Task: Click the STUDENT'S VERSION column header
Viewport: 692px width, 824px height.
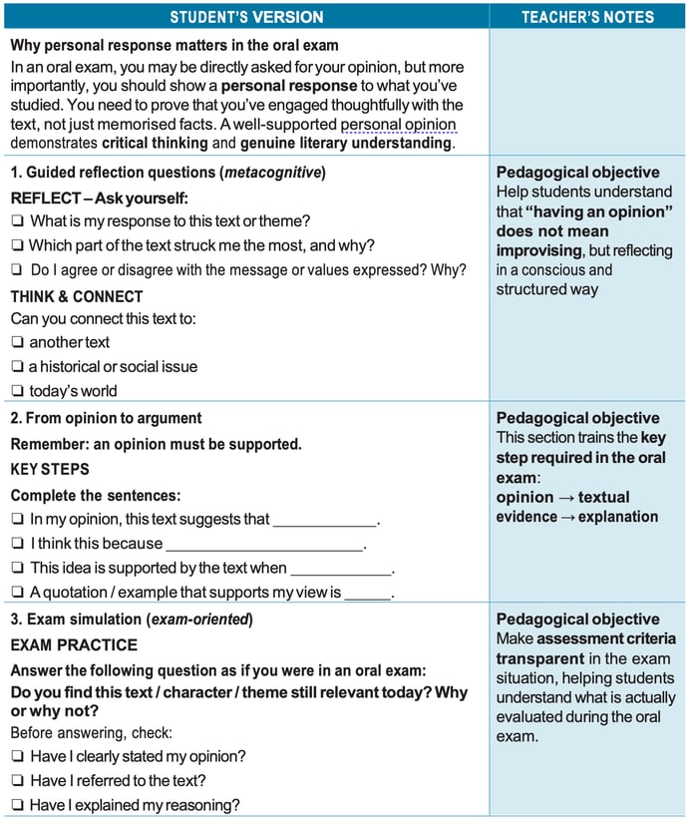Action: [245, 17]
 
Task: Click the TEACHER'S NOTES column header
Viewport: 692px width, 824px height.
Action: [587, 17]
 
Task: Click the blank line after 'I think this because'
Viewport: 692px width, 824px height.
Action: [264, 545]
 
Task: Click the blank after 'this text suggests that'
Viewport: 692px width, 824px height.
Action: [326, 520]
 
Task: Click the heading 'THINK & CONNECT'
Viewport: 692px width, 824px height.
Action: [77, 296]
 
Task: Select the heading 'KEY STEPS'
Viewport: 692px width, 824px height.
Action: [50, 469]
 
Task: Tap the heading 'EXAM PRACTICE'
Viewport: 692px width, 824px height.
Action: [74, 645]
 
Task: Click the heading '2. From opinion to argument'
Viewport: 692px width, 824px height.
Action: [106, 418]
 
